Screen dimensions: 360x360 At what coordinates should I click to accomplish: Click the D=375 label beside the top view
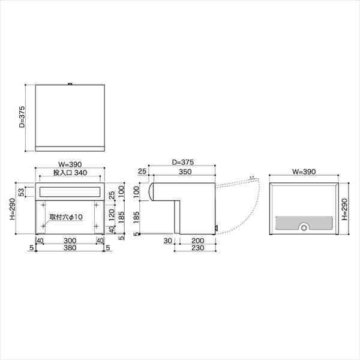22,118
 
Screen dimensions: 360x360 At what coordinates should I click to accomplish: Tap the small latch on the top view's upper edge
71,83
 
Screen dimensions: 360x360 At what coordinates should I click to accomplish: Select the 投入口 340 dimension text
70,172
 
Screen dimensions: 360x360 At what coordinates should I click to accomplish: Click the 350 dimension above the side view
185,172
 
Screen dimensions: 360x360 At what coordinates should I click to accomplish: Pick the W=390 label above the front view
70,164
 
